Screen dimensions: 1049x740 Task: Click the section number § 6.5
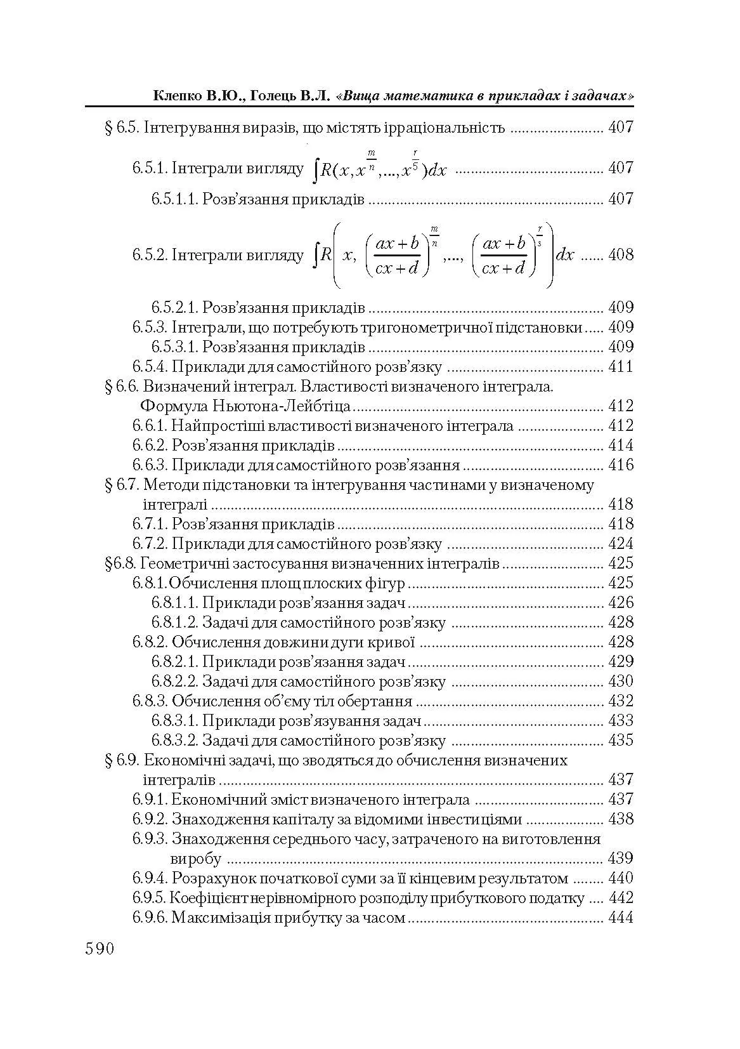121,128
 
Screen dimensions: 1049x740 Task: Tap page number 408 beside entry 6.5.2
620,255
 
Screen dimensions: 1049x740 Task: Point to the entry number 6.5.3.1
174,347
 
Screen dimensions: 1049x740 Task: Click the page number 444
620,918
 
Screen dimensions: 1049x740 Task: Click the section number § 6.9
121,760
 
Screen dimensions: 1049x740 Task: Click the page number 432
620,701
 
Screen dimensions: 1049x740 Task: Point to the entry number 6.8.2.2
174,682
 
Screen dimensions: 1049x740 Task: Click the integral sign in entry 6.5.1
316,169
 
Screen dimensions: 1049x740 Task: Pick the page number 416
620,465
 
